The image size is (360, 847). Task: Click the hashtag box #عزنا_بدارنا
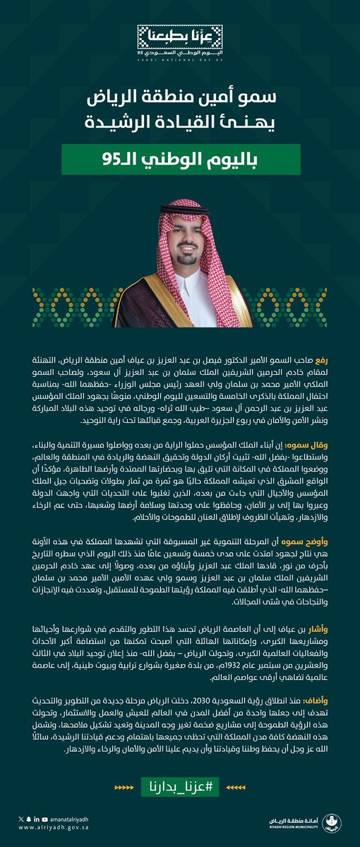coord(180,786)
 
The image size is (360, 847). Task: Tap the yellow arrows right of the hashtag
coord(237,786)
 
